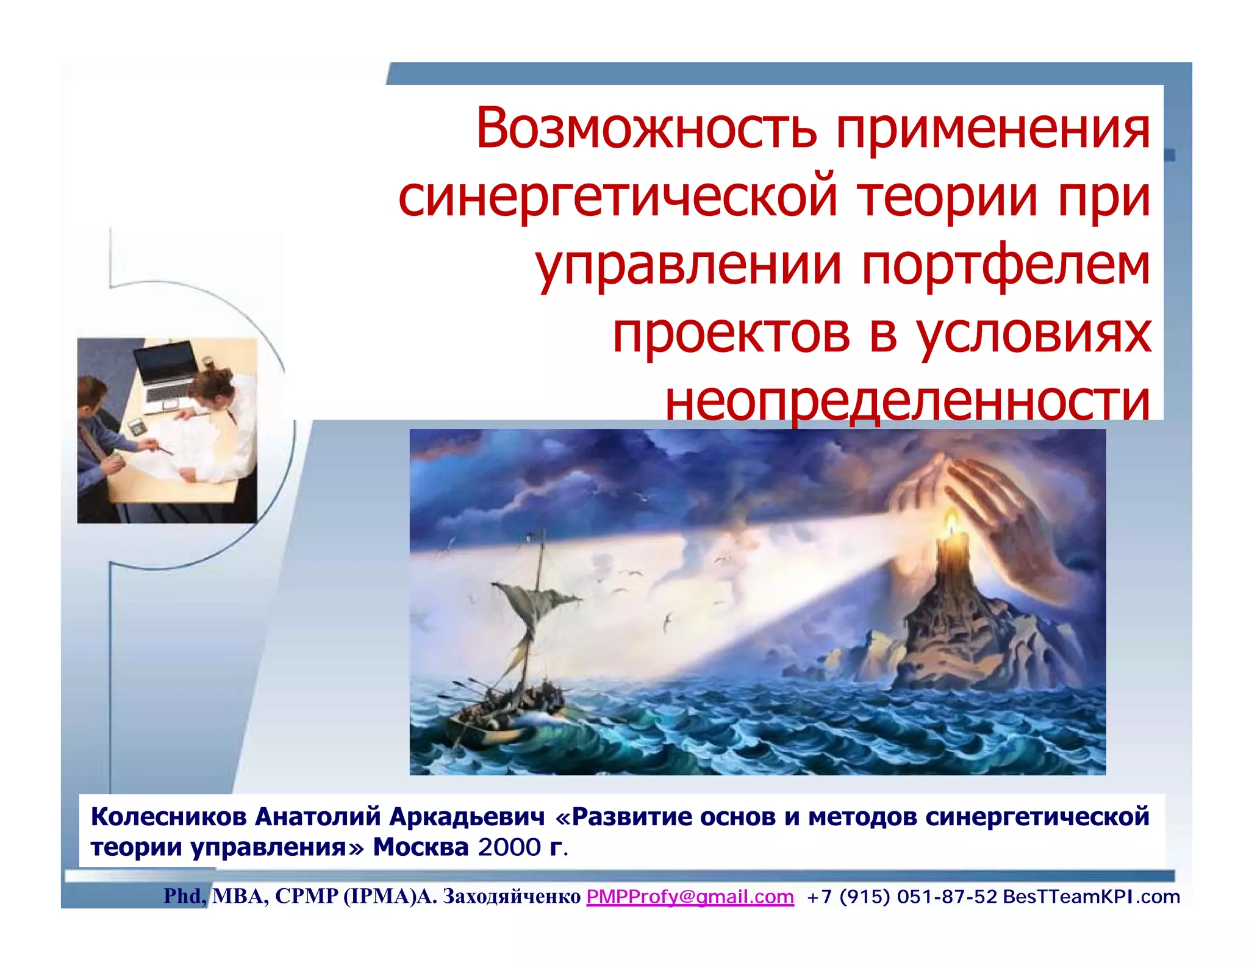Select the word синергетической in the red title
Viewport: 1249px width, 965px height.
click(x=618, y=198)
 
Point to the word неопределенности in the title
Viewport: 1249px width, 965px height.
click(x=907, y=403)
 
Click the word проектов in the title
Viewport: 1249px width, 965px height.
click(x=731, y=334)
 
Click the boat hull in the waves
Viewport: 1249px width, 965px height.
click(x=488, y=729)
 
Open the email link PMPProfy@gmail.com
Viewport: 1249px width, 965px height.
click(x=690, y=897)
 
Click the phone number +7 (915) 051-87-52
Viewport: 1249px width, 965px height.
click(x=901, y=897)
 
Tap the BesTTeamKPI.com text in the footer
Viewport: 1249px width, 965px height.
click(x=1091, y=897)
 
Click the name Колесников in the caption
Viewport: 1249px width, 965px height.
click(x=168, y=817)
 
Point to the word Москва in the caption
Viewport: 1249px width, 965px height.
click(x=420, y=847)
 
